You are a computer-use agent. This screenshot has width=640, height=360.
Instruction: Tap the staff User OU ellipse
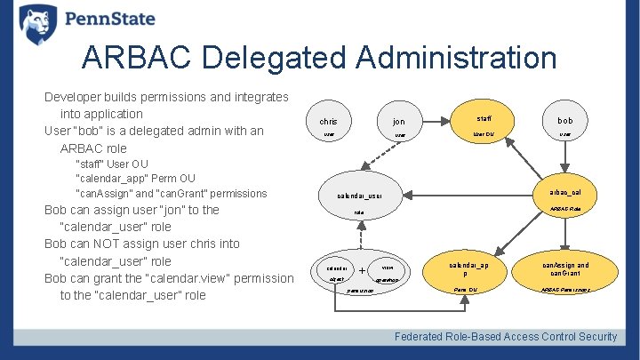pyautogui.click(x=484, y=124)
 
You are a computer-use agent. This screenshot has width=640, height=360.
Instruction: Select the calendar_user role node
pyautogui.click(x=359, y=201)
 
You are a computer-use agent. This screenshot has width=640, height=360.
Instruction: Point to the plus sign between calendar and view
pyautogui.click(x=363, y=271)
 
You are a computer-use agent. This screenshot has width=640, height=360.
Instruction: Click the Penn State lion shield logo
pyautogui.click(x=37, y=23)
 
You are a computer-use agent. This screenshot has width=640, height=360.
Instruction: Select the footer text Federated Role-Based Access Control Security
pyautogui.click(x=506, y=336)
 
